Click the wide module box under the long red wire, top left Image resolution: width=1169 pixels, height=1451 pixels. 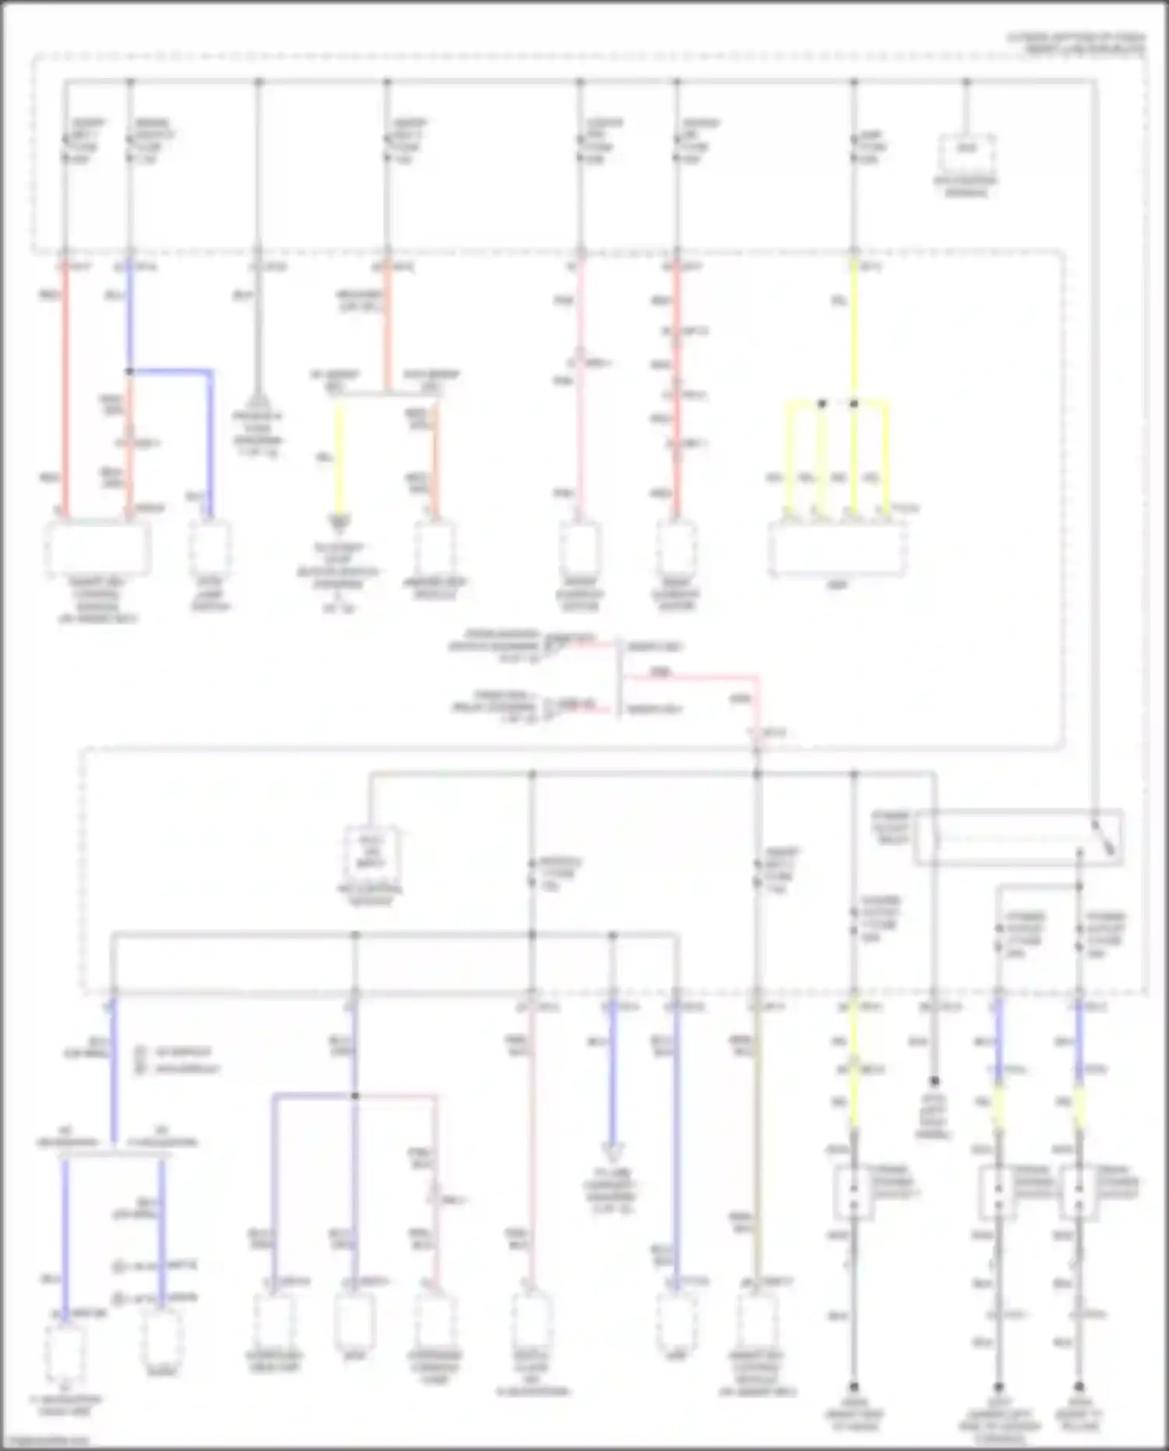[98, 548]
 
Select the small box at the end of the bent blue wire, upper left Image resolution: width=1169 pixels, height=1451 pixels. [210, 547]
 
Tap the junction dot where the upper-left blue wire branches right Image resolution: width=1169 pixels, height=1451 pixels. [130, 372]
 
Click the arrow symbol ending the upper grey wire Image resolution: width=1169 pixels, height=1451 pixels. [259, 400]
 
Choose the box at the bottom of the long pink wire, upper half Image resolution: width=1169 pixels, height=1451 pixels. [580, 548]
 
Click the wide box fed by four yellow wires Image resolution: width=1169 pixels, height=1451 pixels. [837, 549]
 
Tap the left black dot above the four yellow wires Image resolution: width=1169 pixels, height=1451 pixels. [821, 404]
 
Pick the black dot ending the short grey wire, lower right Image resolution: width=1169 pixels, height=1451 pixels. [934, 1081]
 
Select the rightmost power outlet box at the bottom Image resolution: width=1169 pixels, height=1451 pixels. [1079, 1192]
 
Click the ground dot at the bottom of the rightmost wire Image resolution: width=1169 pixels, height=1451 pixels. [1079, 1388]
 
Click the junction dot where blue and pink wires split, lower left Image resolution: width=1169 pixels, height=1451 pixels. [355, 1096]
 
